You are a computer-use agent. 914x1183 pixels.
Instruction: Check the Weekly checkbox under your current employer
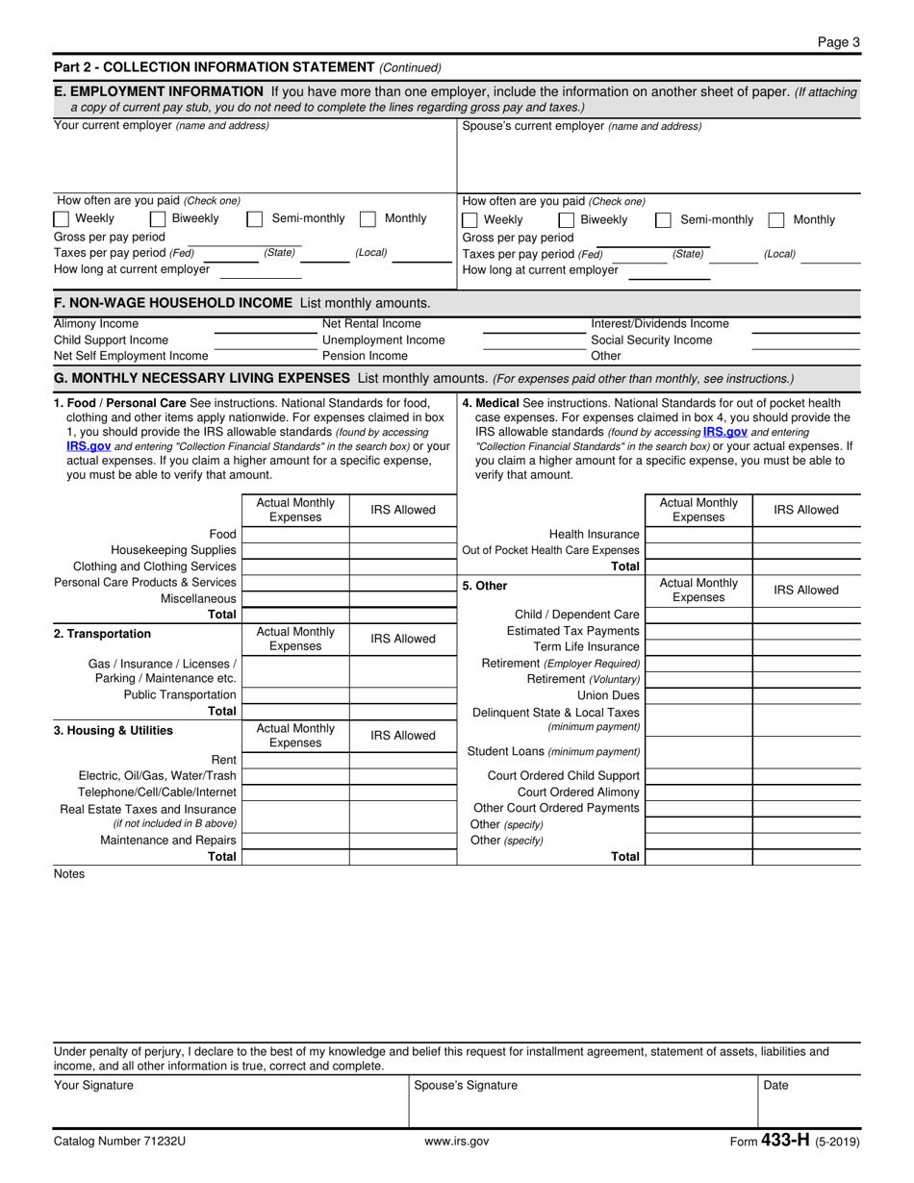(x=61, y=219)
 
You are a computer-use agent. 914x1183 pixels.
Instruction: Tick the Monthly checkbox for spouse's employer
(x=776, y=220)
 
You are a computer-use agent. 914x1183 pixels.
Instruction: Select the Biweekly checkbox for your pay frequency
(x=157, y=219)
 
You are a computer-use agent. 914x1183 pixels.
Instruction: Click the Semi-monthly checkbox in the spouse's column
(x=663, y=220)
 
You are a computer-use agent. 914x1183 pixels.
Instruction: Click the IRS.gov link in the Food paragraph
(x=89, y=446)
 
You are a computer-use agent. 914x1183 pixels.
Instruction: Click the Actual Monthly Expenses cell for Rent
(x=295, y=760)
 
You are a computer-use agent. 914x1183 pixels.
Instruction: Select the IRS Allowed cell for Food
(x=402, y=535)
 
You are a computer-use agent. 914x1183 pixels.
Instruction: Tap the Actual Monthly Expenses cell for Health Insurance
(x=698, y=535)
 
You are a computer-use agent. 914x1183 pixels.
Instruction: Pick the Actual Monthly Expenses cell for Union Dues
(x=698, y=695)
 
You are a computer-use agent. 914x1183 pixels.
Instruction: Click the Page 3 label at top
(x=838, y=41)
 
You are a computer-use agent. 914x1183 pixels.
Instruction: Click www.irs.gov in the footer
(x=456, y=1142)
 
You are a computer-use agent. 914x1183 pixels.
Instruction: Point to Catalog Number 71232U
(x=119, y=1142)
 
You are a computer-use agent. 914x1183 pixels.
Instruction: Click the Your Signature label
(x=94, y=1086)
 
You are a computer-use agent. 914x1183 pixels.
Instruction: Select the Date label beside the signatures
(x=775, y=1086)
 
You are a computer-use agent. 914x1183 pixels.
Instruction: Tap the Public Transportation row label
(x=180, y=695)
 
